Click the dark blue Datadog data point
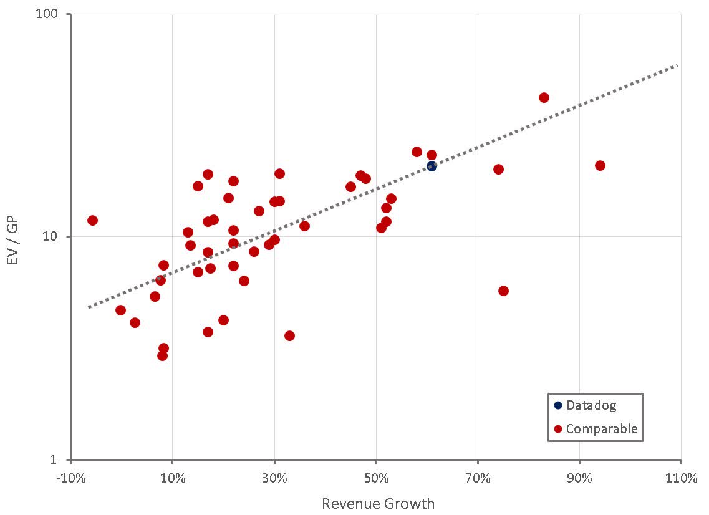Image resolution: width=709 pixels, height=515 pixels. pos(432,166)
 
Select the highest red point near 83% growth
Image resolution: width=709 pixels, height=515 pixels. pos(544,97)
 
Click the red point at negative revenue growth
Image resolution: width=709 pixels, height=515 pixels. pos(92,220)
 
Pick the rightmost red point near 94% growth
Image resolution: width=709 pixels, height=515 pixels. pos(600,165)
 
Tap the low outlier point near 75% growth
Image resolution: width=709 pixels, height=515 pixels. pos(503,291)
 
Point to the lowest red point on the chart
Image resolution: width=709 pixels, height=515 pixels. pos(162,355)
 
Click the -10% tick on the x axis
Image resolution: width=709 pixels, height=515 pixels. pos(70,479)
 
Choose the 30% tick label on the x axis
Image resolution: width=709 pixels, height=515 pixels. pos(274,479)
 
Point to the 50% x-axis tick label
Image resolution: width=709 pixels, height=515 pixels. pos(376,479)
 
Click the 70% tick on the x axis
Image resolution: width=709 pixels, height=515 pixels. pos(478,479)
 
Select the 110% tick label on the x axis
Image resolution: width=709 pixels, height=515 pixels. pos(681,479)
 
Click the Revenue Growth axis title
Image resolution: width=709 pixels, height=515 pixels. pos(378,503)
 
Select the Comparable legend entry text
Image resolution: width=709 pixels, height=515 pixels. pos(602,429)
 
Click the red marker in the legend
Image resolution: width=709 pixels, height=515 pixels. pos(558,429)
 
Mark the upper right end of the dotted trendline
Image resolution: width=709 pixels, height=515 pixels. pos(677,65)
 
